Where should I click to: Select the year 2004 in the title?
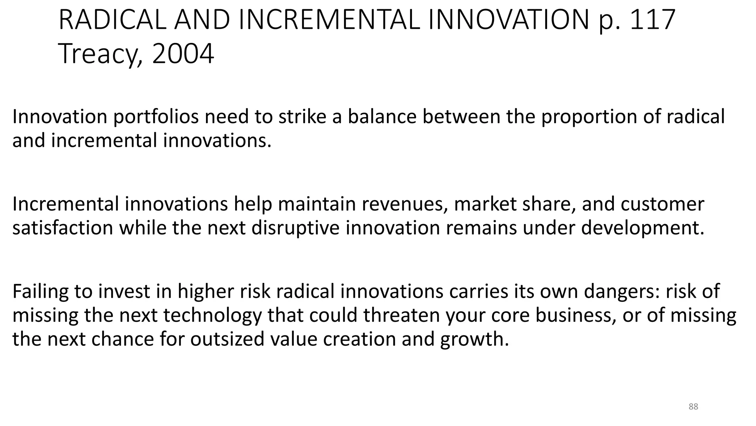pyautogui.click(x=183, y=54)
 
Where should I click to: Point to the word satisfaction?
pyautogui.click(x=63, y=228)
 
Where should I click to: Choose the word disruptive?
pyautogui.click(x=295, y=228)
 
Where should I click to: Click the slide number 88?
pyautogui.click(x=693, y=407)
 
